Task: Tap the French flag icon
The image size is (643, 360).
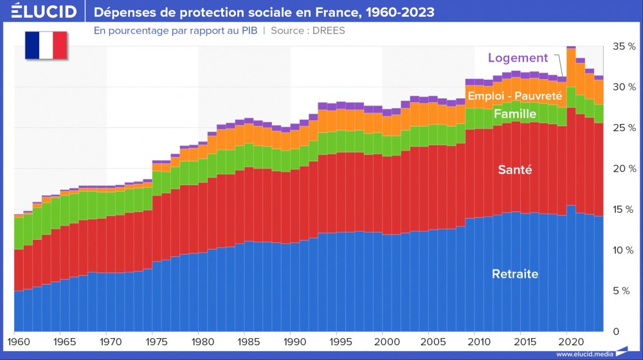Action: click(x=46, y=45)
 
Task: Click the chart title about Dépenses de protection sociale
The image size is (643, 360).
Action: click(x=264, y=12)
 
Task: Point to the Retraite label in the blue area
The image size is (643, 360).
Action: click(x=514, y=274)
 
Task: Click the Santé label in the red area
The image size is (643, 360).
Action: click(x=514, y=170)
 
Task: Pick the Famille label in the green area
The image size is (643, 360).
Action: click(x=514, y=114)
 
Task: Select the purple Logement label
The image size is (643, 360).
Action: click(x=518, y=58)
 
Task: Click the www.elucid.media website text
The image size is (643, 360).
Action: click(x=583, y=354)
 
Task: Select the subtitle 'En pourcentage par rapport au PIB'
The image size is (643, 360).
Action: click(x=176, y=31)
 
